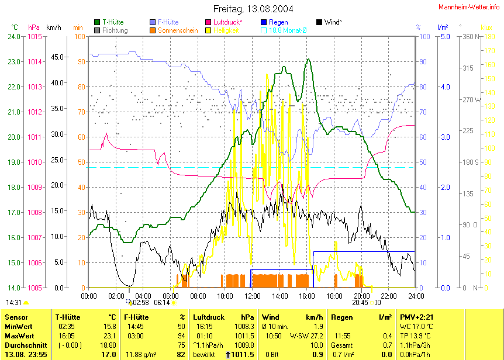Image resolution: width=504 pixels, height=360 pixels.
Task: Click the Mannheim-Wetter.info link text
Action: (468, 6)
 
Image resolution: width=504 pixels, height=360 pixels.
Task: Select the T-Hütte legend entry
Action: (112, 22)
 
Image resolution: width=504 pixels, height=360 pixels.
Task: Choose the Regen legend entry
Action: (278, 22)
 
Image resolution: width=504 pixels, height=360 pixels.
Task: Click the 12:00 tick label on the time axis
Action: (252, 296)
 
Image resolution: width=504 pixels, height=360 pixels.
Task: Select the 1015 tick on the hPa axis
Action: (34, 36)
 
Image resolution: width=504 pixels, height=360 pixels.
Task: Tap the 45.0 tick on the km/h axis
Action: (57, 57)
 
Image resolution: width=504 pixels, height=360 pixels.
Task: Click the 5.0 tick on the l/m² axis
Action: (444, 36)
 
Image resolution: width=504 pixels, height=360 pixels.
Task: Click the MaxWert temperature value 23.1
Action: (109, 336)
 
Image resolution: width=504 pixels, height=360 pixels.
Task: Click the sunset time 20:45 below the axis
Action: (360, 303)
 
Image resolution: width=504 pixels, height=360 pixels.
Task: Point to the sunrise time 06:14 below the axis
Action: (161, 303)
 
